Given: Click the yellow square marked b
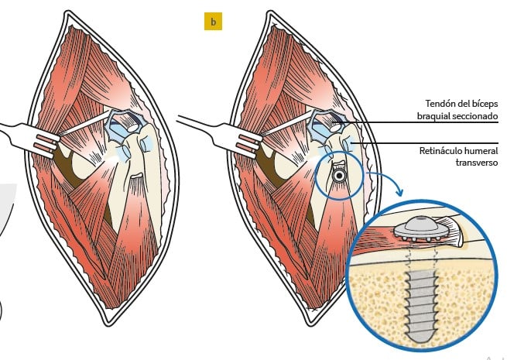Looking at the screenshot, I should pyautogui.click(x=212, y=21).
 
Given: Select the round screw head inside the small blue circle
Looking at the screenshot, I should pyautogui.click(x=338, y=177).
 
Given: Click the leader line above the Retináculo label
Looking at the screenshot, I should pyautogui.click(x=433, y=142).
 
